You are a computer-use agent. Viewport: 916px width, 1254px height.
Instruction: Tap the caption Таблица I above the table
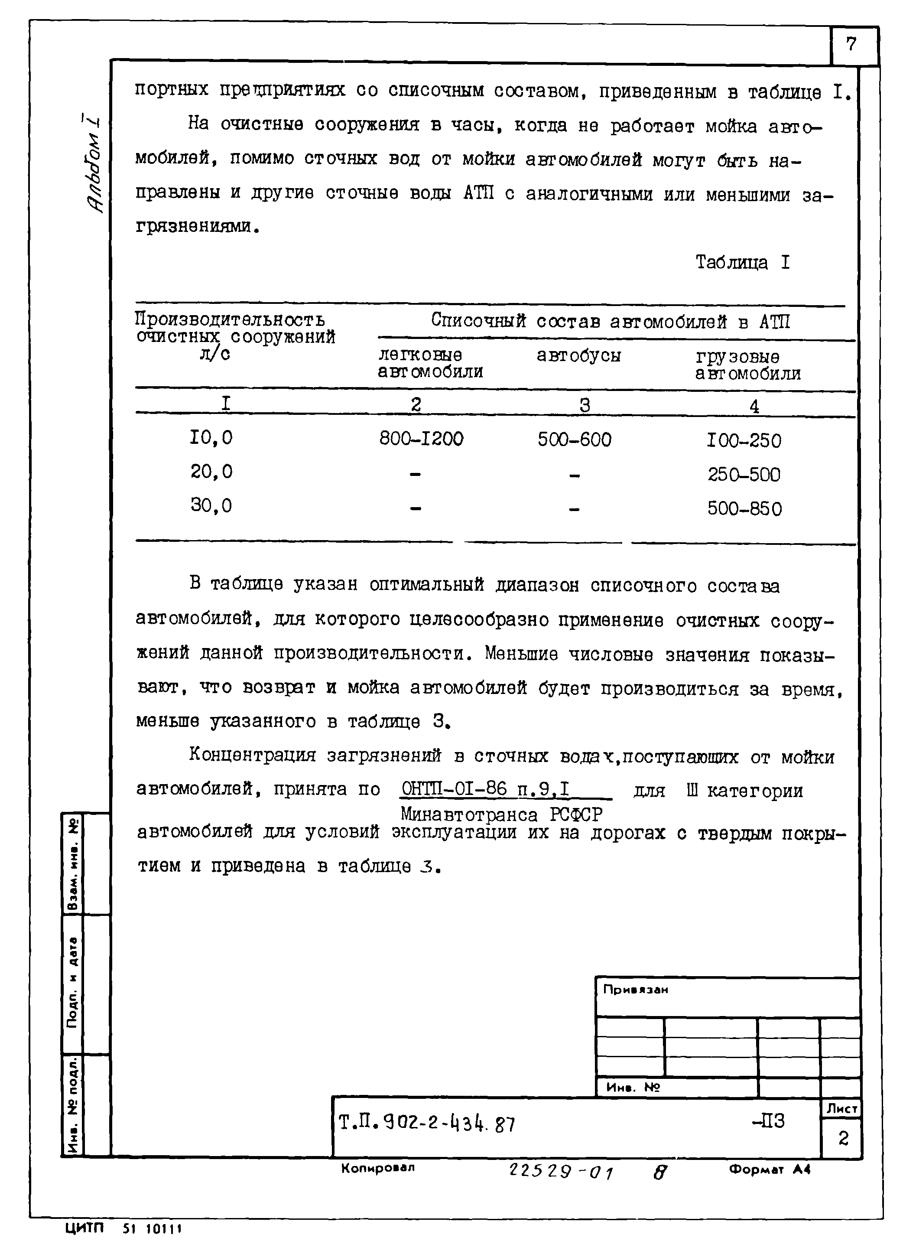tap(742, 262)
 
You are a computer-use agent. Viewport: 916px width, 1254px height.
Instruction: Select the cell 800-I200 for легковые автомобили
tap(421, 439)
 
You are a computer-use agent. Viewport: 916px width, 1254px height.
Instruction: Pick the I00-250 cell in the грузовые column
tap(744, 441)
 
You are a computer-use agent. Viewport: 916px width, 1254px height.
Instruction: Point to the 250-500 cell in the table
tap(744, 475)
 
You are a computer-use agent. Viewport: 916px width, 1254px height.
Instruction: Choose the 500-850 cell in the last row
tap(744, 508)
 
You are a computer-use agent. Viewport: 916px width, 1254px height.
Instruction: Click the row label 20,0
tap(211, 472)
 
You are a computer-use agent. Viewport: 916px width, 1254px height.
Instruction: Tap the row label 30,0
tap(211, 505)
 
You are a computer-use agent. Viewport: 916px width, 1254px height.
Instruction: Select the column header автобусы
tap(578, 355)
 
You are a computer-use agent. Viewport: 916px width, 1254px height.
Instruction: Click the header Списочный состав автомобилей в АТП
tap(611, 321)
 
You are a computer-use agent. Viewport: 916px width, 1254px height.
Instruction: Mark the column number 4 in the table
tap(754, 407)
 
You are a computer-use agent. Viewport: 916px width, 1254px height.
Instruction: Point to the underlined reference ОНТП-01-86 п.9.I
tap(486, 788)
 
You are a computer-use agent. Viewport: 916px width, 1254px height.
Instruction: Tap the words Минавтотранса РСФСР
tap(501, 815)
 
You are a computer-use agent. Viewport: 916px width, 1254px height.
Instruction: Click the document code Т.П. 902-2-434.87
tap(426, 1124)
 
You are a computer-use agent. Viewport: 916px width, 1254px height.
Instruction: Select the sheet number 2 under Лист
tap(843, 1139)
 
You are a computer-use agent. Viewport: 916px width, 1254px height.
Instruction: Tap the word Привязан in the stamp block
tap(635, 990)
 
